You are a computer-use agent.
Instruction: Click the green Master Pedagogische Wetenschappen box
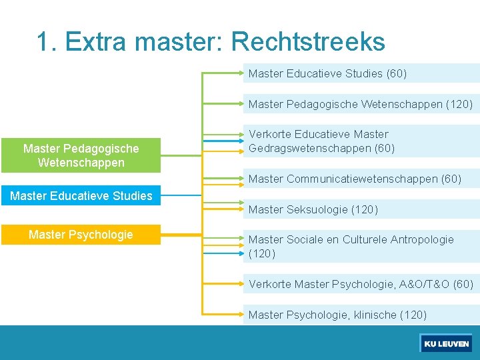[81, 155]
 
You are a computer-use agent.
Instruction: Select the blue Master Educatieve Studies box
[81, 196]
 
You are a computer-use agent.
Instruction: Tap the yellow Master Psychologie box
[81, 235]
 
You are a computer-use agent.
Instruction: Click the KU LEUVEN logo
[446, 344]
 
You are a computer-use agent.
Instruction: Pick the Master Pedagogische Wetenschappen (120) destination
[360, 104]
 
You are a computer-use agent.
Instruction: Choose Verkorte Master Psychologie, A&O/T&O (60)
[360, 285]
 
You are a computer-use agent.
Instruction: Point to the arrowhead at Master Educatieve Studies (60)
[242, 73]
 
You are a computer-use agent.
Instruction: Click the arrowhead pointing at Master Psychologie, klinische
[242, 315]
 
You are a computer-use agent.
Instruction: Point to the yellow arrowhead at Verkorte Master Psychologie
[242, 285]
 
